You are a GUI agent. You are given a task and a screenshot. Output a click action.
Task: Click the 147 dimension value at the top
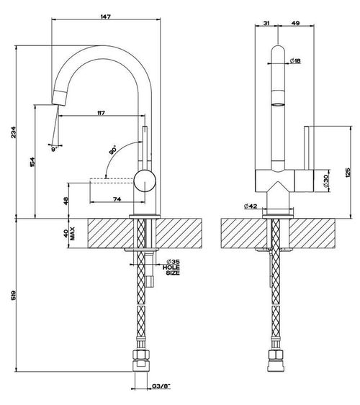pyautogui.click(x=106, y=17)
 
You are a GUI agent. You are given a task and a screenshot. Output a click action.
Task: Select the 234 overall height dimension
pyautogui.click(x=14, y=132)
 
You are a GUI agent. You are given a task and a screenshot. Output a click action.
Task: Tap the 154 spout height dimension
pyautogui.click(x=32, y=162)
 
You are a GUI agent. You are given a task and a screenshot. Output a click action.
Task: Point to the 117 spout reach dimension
pyautogui.click(x=101, y=113)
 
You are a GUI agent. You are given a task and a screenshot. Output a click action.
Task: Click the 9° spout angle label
pyautogui.click(x=54, y=150)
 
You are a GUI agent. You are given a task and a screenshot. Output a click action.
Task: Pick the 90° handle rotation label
pyautogui.click(x=112, y=150)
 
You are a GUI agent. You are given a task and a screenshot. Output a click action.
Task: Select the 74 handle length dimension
pyautogui.click(x=117, y=199)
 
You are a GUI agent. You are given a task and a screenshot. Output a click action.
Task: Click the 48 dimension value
pyautogui.click(x=66, y=201)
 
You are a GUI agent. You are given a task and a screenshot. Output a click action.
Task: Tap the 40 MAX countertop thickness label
pyautogui.click(x=69, y=234)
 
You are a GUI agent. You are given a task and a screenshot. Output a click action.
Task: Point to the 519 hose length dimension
pyautogui.click(x=14, y=296)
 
